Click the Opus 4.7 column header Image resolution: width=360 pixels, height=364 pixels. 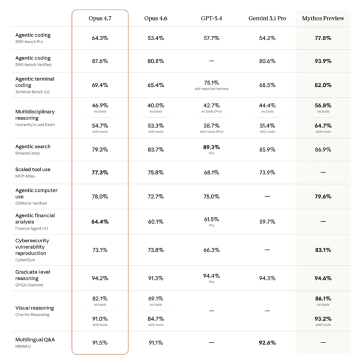[x=100, y=19]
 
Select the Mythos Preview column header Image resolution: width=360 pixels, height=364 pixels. [x=323, y=19]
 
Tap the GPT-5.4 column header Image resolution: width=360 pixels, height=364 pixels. [x=211, y=19]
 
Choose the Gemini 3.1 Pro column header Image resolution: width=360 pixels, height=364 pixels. [x=267, y=19]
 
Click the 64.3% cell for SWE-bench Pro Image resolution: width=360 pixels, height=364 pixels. [x=100, y=38]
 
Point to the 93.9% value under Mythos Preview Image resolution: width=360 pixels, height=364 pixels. [x=323, y=61]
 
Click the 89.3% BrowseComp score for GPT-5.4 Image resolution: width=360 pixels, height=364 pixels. [x=211, y=148]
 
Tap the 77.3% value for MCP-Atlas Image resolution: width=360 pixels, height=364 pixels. [x=100, y=173]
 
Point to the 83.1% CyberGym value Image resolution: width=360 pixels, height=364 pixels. [x=323, y=250]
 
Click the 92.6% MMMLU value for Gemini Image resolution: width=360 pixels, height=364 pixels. [x=267, y=342]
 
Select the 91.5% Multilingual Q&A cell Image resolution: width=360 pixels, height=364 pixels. [x=100, y=342]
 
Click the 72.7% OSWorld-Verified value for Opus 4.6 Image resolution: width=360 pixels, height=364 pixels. [x=155, y=197]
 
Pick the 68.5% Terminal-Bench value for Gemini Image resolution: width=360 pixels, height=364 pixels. [x=267, y=85]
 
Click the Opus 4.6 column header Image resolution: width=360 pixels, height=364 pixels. [x=155, y=19]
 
